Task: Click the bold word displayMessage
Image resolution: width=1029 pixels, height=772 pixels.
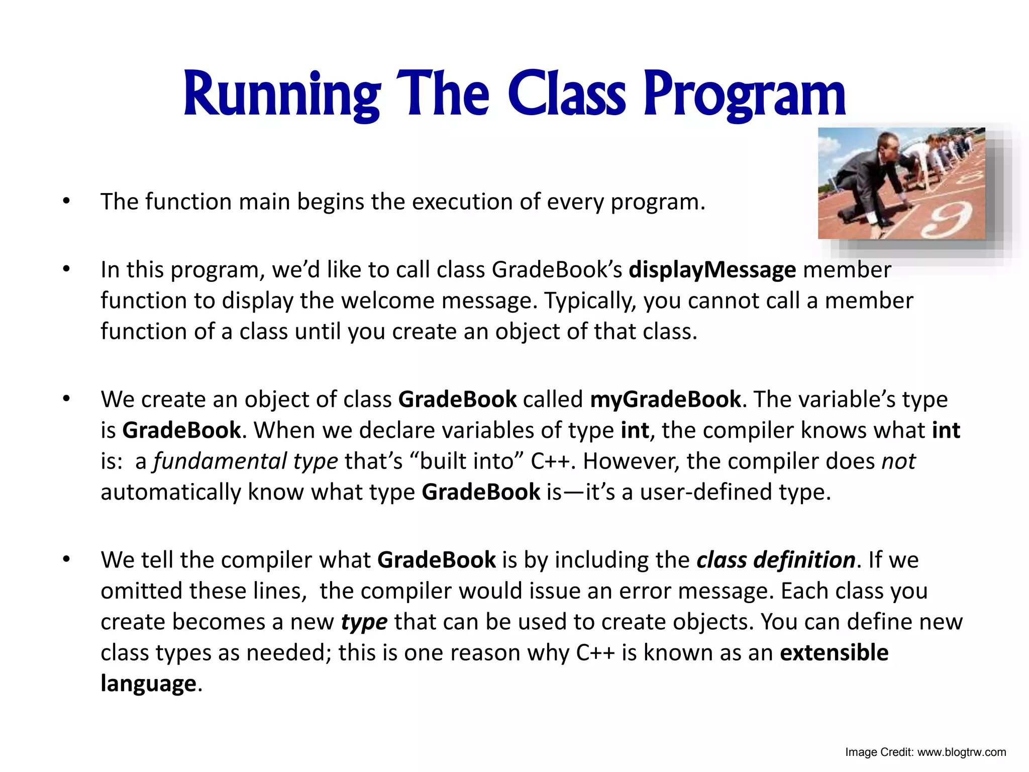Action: pos(712,270)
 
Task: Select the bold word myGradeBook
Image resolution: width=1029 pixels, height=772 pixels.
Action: pos(665,400)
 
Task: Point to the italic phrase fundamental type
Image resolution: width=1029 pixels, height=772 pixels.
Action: pos(246,461)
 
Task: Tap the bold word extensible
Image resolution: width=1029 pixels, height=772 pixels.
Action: pos(834,652)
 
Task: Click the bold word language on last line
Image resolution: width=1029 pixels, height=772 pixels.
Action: pos(148,684)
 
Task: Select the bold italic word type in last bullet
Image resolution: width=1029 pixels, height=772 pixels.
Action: pos(364,622)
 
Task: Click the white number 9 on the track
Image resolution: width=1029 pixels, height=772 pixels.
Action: pos(950,221)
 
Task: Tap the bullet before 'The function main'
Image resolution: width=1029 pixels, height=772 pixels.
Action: pos(66,202)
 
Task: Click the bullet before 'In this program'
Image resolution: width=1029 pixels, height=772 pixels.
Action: pos(66,270)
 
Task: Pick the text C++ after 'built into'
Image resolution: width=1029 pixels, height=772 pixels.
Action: pos(552,461)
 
